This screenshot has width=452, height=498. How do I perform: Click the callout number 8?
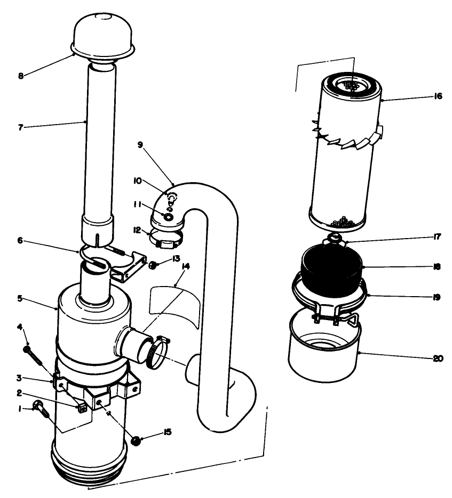[x=21, y=76]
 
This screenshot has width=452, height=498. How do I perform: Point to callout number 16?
[x=438, y=97]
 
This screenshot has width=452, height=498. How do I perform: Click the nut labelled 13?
[x=153, y=264]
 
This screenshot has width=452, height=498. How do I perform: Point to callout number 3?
[x=20, y=378]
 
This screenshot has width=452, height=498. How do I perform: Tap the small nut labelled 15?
[x=136, y=440]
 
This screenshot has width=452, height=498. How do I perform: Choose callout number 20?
[x=438, y=358]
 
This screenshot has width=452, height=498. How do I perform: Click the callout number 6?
[x=20, y=241]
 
